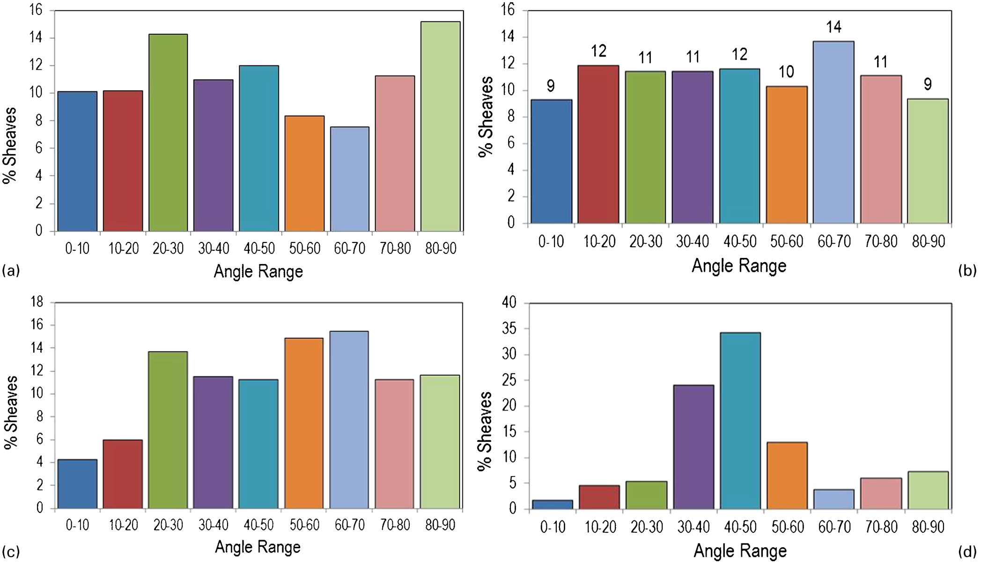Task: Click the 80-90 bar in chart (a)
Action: [440, 126]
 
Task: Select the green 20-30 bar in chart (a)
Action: [168, 132]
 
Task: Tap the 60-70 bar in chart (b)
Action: [833, 132]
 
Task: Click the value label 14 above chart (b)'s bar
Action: [834, 27]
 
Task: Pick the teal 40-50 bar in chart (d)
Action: [740, 420]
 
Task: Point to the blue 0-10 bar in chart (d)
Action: [552, 504]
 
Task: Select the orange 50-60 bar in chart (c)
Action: [304, 423]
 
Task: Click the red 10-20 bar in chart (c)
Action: [123, 474]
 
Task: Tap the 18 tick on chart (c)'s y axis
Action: [37, 302]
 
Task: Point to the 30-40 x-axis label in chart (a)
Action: [214, 248]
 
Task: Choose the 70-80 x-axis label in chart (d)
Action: [881, 527]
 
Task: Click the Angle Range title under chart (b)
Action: [739, 266]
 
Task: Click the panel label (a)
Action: [11, 271]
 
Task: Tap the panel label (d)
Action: [967, 552]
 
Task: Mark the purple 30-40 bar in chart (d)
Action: [693, 447]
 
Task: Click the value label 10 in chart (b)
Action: [787, 72]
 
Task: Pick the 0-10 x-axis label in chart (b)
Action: [551, 242]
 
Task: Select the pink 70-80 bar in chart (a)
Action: [395, 154]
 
